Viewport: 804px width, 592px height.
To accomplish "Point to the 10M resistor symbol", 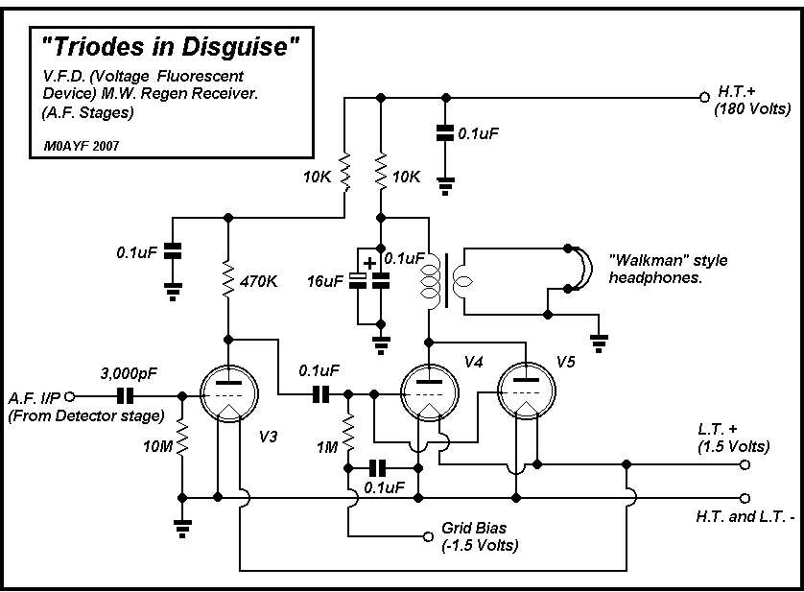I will (181, 446).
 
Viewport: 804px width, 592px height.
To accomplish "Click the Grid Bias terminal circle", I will (429, 536).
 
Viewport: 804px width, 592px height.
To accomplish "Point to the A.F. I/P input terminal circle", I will (68, 394).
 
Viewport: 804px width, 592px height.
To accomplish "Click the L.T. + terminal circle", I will (744, 464).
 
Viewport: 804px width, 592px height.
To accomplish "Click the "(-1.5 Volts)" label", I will (479, 545).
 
